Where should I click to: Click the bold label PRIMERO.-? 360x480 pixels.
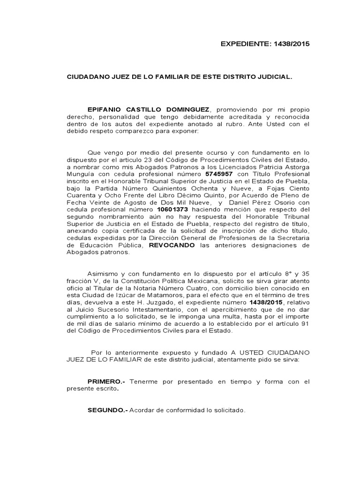coord(106,382)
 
